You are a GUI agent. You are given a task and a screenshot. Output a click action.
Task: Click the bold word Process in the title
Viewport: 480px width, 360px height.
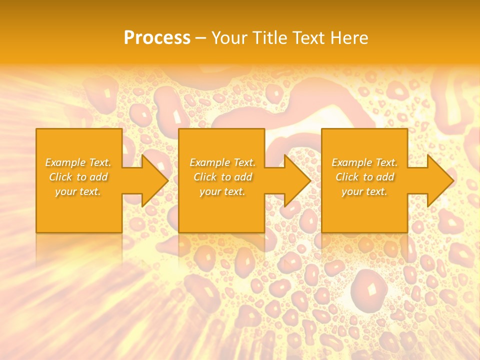tap(157, 38)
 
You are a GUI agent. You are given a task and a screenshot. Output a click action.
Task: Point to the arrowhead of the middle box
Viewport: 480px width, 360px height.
tap(296, 180)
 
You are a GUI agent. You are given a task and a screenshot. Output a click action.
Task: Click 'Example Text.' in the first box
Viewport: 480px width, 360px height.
tap(78, 162)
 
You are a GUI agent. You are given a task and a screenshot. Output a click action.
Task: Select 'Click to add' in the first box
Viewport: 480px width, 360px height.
tap(78, 177)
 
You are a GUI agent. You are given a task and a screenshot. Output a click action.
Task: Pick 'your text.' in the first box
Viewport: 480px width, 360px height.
tap(78, 191)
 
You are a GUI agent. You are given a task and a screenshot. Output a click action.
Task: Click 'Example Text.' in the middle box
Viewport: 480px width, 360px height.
tap(222, 162)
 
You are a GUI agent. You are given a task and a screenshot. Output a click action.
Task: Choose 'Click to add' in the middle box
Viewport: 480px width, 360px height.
tap(222, 177)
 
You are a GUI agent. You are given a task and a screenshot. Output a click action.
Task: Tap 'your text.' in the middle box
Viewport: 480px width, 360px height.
tap(222, 191)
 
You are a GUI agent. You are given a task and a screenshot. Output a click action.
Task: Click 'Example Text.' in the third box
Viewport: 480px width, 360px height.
tap(364, 162)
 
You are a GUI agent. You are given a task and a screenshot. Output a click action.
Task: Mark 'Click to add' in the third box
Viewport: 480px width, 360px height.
tap(364, 177)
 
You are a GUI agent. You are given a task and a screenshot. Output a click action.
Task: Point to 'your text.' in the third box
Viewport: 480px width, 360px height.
tap(364, 191)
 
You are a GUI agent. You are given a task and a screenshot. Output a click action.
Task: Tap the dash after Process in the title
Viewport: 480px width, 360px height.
tap(201, 38)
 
